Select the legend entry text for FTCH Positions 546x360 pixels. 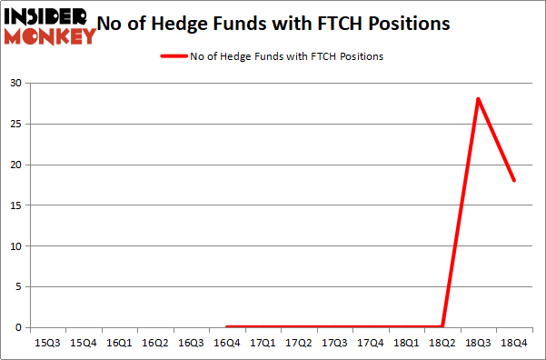point(286,56)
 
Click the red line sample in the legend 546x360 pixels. point(174,56)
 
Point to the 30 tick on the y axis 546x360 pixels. point(16,83)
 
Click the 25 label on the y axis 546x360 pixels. point(16,124)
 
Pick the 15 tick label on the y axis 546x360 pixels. point(16,205)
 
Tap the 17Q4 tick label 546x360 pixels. point(371,343)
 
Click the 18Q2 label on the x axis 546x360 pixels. point(442,343)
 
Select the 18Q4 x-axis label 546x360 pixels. point(514,343)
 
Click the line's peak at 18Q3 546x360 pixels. point(478,99)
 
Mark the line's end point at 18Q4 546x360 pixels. point(514,180)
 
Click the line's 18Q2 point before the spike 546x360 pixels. point(442,326)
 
